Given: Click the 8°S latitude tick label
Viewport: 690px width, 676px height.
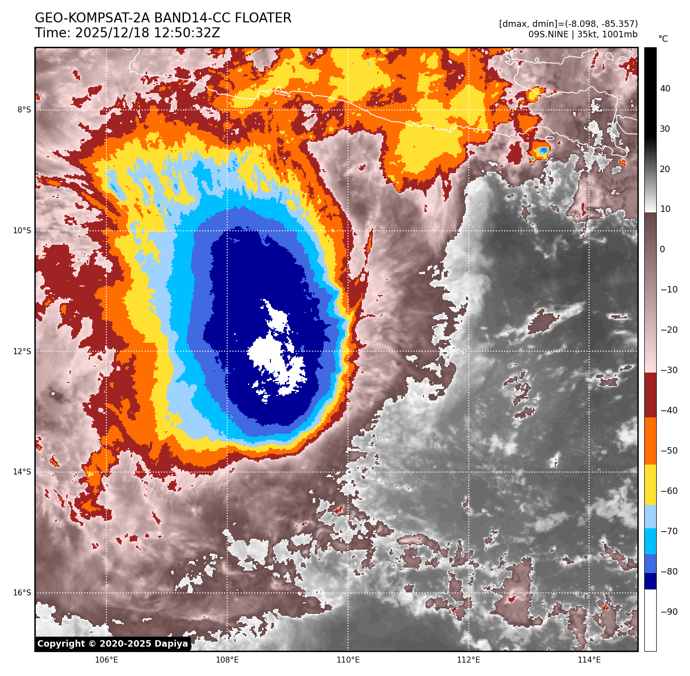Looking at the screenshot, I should coord(24,110).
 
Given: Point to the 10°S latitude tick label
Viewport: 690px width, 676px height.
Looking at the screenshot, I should coord(22,231).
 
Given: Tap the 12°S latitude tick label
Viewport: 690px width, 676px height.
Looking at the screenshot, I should coord(22,351).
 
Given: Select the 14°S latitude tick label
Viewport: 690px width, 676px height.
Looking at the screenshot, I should coord(22,472).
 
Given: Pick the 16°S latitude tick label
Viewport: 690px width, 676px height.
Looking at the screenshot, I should coord(22,593).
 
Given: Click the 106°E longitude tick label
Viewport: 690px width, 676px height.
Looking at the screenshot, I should coord(106,660).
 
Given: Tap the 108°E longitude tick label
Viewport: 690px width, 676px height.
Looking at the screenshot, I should coord(227,660).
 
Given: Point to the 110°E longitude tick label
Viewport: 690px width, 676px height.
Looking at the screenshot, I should coord(348,660).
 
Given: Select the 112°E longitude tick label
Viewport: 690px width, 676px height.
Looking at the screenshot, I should coord(468,660).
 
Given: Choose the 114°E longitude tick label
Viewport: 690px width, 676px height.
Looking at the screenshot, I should coord(589,660).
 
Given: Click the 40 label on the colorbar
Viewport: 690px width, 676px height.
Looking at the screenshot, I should coord(665,89).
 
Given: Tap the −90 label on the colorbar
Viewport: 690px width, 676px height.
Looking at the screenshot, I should coord(669,612).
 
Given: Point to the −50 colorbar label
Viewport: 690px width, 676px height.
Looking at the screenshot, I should coord(669,451).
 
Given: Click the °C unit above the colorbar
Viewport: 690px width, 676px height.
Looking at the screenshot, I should coord(663,39).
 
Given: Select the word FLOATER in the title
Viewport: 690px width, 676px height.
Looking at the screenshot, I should coord(263,18).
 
